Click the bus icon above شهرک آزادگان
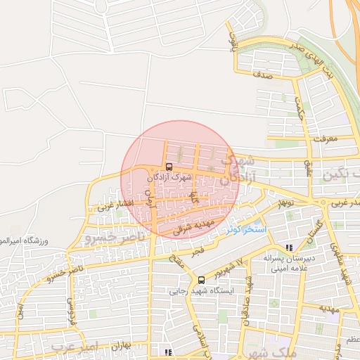tap(169, 167)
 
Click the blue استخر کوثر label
tap(245, 229)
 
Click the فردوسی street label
tap(70, 310)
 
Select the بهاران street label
tap(121, 347)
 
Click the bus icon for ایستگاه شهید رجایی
tap(202, 279)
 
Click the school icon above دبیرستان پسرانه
tap(289, 247)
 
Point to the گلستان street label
tap(315, 229)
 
